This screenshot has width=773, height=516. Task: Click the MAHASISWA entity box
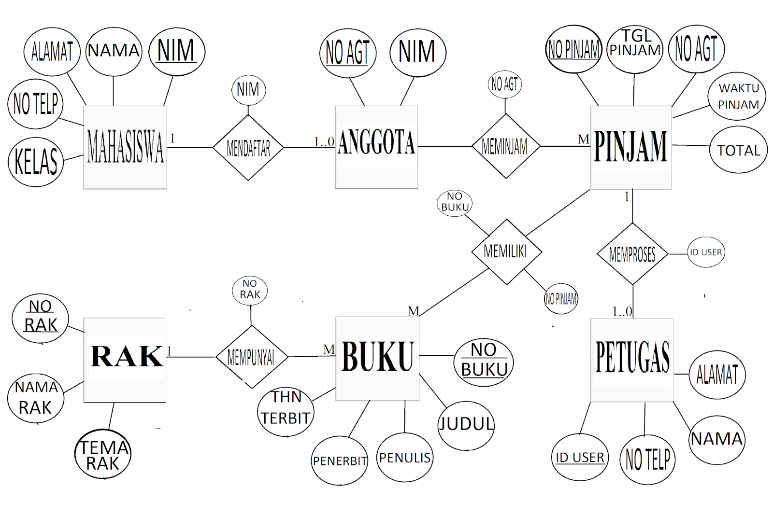(x=125, y=147)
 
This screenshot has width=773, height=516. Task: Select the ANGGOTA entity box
(x=376, y=147)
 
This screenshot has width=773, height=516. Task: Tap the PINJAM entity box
(x=630, y=147)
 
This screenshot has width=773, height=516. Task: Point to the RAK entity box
(x=125, y=360)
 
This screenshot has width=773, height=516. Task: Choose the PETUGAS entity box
(x=631, y=360)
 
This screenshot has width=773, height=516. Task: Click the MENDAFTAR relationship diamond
(x=248, y=148)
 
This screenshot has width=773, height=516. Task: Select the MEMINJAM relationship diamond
(x=505, y=146)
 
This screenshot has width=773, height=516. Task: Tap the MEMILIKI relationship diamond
(x=506, y=251)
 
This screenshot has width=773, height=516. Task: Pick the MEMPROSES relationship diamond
(x=632, y=254)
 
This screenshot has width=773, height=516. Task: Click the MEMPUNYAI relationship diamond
(x=251, y=357)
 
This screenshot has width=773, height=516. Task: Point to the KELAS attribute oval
(x=36, y=162)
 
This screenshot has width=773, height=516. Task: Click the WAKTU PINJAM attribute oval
(x=737, y=97)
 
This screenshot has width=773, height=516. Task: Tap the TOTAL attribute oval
(x=739, y=150)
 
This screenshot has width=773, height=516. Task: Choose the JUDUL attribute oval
(x=466, y=425)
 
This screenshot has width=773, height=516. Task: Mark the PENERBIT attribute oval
(x=340, y=461)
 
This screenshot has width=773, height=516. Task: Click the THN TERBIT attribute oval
(x=286, y=411)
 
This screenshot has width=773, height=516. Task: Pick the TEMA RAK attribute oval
(x=103, y=454)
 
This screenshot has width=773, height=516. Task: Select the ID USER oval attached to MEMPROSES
(x=706, y=252)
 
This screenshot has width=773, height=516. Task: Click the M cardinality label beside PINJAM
(x=584, y=139)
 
